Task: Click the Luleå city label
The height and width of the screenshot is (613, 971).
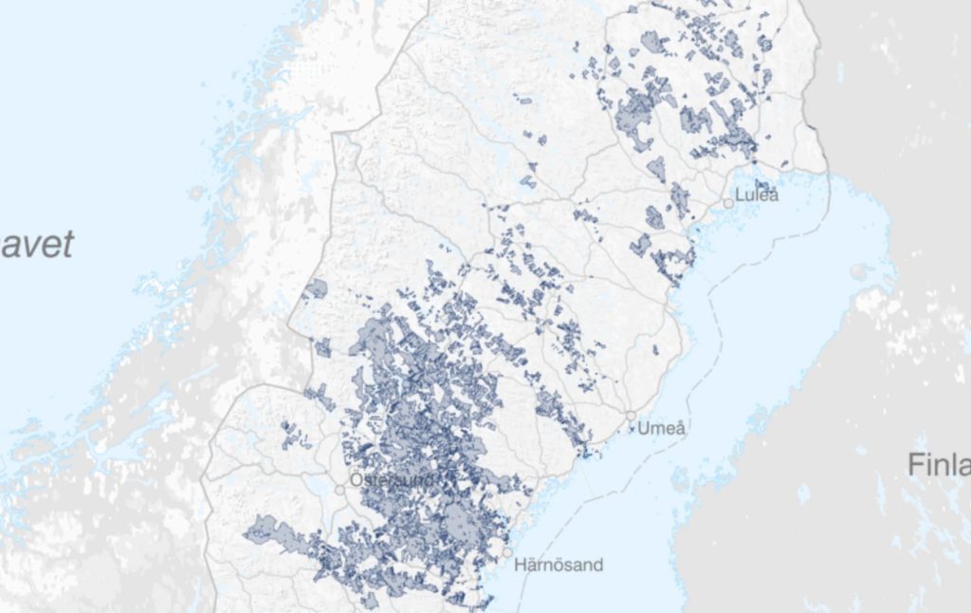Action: pos(757,195)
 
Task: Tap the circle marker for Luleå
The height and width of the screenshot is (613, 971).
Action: pos(728,202)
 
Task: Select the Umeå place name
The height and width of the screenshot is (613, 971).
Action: pos(661,428)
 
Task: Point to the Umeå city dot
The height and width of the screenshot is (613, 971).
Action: pos(631,417)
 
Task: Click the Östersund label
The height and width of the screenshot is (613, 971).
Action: pos(391,480)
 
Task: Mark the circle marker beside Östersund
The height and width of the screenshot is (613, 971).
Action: pos(340,489)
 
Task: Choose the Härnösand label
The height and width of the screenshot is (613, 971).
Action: pos(559,566)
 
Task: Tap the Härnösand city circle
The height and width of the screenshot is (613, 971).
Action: pos(508,551)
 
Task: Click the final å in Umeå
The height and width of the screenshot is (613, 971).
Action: pos(679,428)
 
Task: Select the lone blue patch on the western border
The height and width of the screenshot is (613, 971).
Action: pos(316,288)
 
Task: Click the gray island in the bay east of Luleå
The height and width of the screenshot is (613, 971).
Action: pos(859,271)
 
